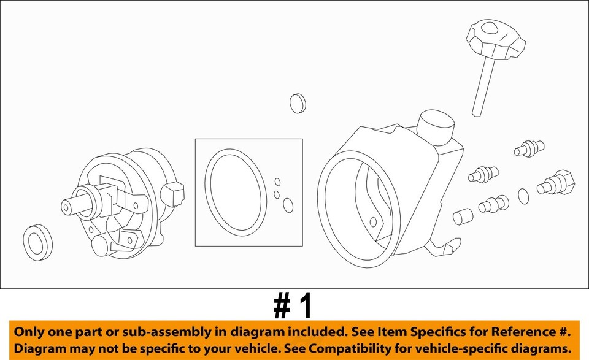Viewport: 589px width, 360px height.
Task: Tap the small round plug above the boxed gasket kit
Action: [x=298, y=103]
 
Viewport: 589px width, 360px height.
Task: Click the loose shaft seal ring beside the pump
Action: [x=37, y=241]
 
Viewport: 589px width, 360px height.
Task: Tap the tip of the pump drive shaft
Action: [x=66, y=207]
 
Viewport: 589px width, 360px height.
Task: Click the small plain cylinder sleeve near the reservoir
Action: [x=463, y=216]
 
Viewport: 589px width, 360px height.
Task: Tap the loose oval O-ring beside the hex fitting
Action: [x=523, y=196]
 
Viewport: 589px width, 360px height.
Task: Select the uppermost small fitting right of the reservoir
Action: [x=528, y=148]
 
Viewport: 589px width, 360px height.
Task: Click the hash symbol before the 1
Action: [x=282, y=305]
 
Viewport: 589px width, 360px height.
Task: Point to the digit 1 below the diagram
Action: [x=305, y=305]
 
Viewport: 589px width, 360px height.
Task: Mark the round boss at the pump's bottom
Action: [x=99, y=245]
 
